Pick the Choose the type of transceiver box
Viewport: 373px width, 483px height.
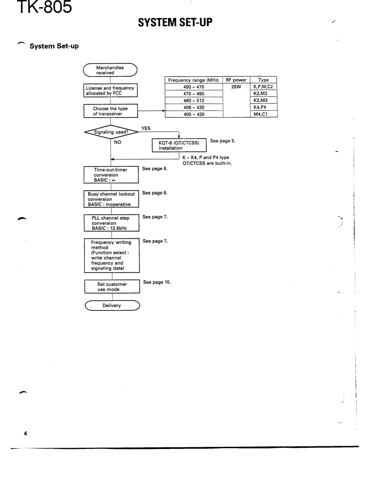(111, 111)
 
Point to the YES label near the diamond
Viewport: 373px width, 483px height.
(146, 127)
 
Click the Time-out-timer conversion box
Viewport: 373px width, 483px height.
(111, 175)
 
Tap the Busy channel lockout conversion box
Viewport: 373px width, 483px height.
(111, 198)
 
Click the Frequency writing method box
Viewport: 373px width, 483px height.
(111, 255)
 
